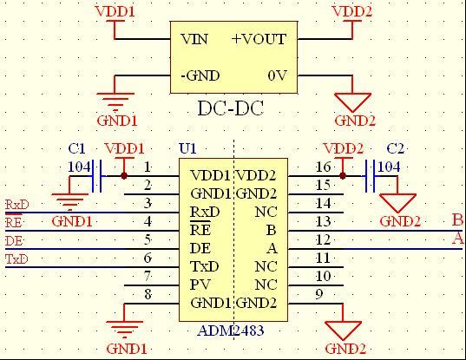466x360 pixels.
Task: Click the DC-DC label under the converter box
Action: pos(230,108)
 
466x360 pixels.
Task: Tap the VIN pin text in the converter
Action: pos(194,39)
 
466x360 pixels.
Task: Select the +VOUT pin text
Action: pos(259,39)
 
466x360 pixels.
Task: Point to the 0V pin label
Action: pos(277,75)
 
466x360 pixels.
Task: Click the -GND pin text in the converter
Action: pos(200,75)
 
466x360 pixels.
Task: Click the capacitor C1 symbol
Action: pos(97,176)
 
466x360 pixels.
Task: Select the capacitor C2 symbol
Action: pos(370,176)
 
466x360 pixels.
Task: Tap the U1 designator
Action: pos(187,148)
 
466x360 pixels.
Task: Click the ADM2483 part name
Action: pos(231,331)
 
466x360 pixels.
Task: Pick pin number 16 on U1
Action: pos(323,167)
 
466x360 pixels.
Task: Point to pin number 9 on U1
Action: pos(318,294)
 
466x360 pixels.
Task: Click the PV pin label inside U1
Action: pos(200,285)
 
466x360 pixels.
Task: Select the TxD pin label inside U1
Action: pos(205,266)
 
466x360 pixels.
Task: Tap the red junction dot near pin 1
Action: pos(124,176)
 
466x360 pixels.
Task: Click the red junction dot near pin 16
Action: pos(343,176)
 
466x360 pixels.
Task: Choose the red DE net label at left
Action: pos(14,241)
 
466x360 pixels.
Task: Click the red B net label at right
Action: pos(457,220)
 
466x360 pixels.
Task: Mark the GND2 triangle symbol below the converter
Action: pos(353,102)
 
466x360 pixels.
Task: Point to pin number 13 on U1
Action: pos(323,221)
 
